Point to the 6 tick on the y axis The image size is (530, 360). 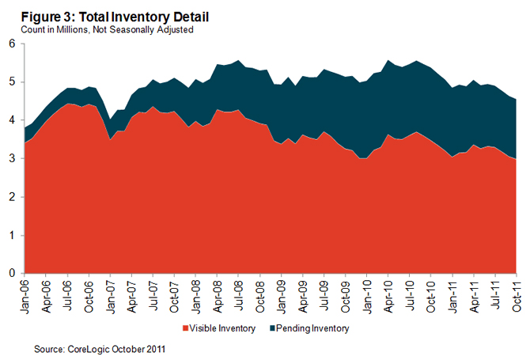click(12, 44)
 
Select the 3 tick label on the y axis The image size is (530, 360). click(12, 159)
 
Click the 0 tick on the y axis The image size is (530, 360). click(12, 274)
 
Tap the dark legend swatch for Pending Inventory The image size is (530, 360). click(274, 328)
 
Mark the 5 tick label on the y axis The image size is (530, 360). click(12, 82)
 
